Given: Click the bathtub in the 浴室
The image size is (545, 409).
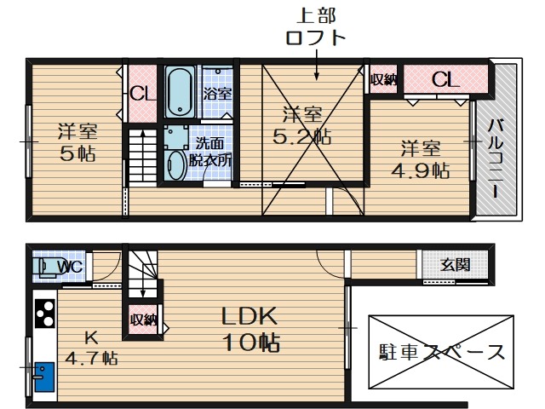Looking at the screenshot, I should pyautogui.click(x=180, y=91).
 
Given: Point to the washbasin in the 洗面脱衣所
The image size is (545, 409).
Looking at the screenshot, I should pyautogui.click(x=176, y=164).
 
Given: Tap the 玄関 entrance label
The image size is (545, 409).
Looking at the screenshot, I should pyautogui.click(x=455, y=265).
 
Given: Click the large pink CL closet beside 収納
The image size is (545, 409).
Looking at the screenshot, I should pyautogui.click(x=445, y=80).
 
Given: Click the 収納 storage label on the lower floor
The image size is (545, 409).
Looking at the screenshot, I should pyautogui.click(x=142, y=320).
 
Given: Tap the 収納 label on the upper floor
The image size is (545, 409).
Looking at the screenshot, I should pyautogui.click(x=384, y=80).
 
